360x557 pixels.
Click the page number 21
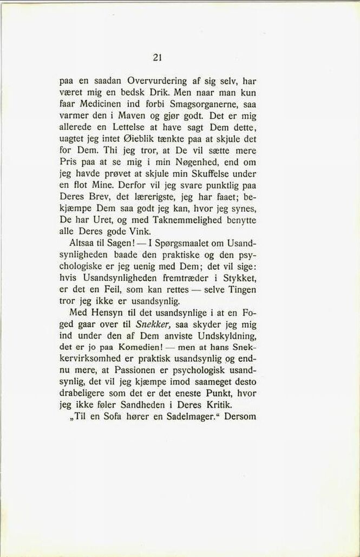tap(158, 57)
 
